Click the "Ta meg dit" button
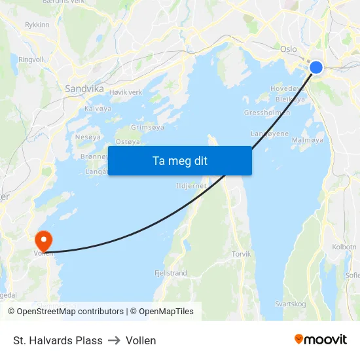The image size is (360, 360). (x=179, y=160)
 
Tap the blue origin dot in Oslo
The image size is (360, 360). (x=315, y=67)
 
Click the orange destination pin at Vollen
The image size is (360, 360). (x=44, y=239)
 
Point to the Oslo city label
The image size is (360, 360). (x=288, y=49)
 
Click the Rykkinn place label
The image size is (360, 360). (x=37, y=25)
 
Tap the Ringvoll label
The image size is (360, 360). (x=31, y=59)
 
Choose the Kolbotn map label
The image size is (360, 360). (x=344, y=247)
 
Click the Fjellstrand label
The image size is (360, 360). (x=171, y=272)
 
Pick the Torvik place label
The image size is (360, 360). (x=241, y=254)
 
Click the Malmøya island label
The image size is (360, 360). (x=307, y=140)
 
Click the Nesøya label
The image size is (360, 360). (x=88, y=137)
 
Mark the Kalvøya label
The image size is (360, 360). (x=98, y=109)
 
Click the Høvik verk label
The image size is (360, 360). (x=126, y=92)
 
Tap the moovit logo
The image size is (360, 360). (x=320, y=340)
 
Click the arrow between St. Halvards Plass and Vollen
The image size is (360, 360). (x=114, y=340)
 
